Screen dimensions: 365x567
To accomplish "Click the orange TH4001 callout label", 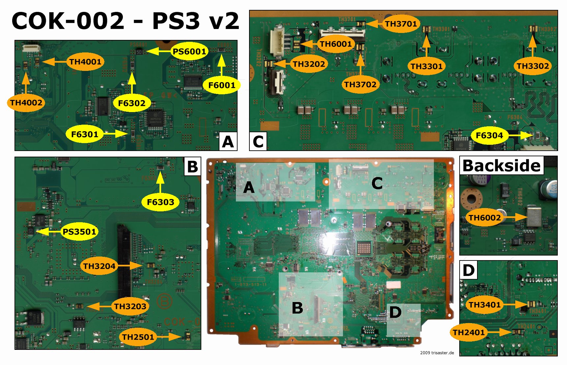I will pyautogui.click(x=85, y=62).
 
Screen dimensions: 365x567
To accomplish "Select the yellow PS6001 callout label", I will pyautogui.click(x=189, y=51).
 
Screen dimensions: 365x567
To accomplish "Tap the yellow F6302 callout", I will pyautogui.click(x=131, y=103).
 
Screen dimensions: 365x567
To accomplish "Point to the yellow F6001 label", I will pyautogui.click(x=222, y=85).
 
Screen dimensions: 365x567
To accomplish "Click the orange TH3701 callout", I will pyautogui.click(x=401, y=24).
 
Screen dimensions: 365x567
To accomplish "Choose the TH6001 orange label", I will pyautogui.click(x=336, y=44).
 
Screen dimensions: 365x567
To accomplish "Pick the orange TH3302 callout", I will pyautogui.click(x=532, y=66).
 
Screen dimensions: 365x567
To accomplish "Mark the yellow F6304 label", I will pyautogui.click(x=489, y=135).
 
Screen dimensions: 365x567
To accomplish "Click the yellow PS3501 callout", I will pyautogui.click(x=79, y=232).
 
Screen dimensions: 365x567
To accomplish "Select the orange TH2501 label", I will pyautogui.click(x=138, y=337).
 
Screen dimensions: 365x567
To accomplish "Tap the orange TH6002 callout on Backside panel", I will pyautogui.click(x=484, y=218).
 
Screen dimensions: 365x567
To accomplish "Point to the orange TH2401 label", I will pyautogui.click(x=468, y=332).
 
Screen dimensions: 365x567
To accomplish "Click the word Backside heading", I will pyautogui.click(x=501, y=166).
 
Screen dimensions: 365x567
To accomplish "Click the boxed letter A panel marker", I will pyautogui.click(x=228, y=142).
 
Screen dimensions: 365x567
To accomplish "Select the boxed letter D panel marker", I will pyautogui.click(x=468, y=270).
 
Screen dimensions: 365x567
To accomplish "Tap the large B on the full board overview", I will pyautogui.click(x=298, y=308).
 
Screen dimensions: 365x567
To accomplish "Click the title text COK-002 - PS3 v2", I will pyautogui.click(x=125, y=21).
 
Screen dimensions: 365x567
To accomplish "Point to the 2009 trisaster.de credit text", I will pyautogui.click(x=437, y=353).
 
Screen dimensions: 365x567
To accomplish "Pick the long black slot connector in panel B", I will pyautogui.click(x=124, y=260).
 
